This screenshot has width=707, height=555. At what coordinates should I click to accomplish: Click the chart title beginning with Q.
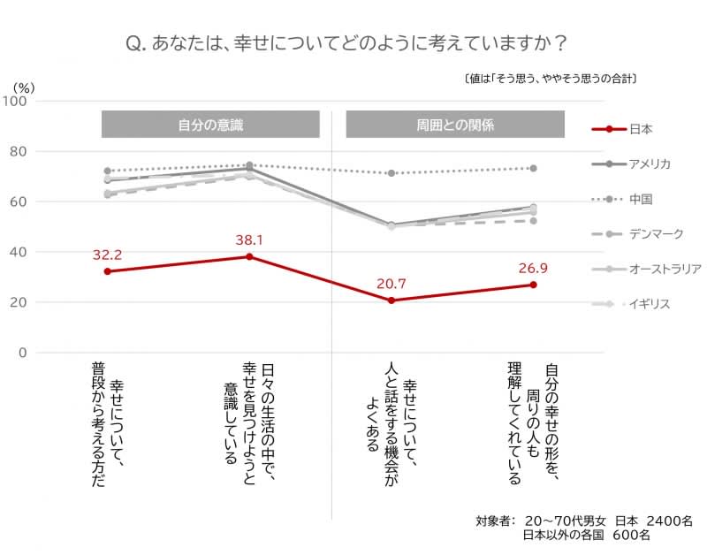pyautogui.click(x=346, y=42)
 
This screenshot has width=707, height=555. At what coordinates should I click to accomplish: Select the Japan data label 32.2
pyautogui.click(x=107, y=255)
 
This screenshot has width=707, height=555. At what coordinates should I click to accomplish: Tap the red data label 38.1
pyautogui.click(x=249, y=239)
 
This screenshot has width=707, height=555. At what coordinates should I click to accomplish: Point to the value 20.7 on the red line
pyautogui.click(x=391, y=283)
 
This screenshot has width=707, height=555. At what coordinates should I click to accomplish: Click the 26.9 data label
pyautogui.click(x=533, y=268)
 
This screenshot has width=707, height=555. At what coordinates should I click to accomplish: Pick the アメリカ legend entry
pyautogui.click(x=650, y=163)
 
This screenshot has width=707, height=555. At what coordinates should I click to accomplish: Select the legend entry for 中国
pyautogui.click(x=641, y=199)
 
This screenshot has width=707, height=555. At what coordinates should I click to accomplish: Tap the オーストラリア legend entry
pyautogui.click(x=665, y=269)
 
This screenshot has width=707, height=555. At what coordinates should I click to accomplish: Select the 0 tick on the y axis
pyautogui.click(x=23, y=353)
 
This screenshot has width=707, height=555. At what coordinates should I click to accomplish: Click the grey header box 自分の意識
pyautogui.click(x=210, y=125)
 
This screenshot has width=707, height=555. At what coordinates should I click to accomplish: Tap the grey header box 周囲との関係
pyautogui.click(x=454, y=125)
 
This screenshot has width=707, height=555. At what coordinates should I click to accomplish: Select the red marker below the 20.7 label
pyautogui.click(x=391, y=300)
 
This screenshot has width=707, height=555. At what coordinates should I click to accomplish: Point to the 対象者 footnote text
pyautogui.click(x=583, y=528)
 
